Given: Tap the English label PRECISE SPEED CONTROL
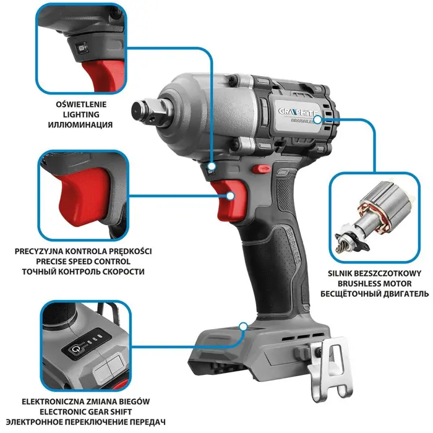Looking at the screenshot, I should tap(84, 262).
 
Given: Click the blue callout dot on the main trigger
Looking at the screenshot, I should tap(231, 195).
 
